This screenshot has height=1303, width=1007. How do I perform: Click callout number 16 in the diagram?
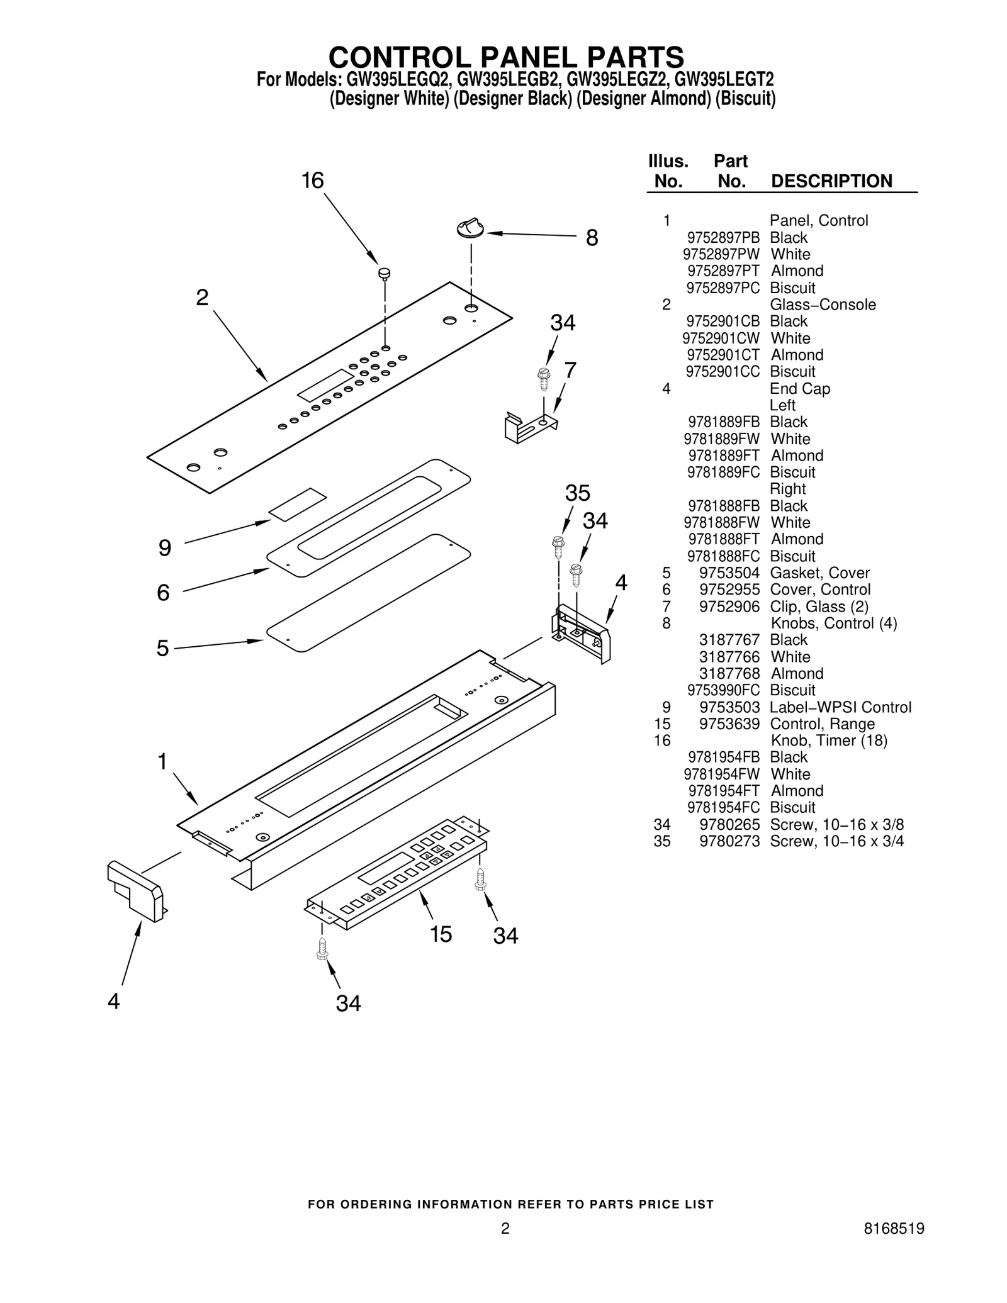(312, 181)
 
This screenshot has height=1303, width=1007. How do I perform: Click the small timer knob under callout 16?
(384, 274)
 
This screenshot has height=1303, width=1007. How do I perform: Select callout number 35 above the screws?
(577, 493)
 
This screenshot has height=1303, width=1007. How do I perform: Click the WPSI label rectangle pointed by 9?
(298, 504)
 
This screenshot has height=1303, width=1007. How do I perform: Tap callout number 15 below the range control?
(441, 934)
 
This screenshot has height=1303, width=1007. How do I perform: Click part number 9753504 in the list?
(729, 573)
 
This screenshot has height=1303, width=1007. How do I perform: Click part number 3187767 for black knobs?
(729, 640)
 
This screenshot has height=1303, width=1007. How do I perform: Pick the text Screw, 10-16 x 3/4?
(836, 841)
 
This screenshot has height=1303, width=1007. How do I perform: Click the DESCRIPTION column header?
(831, 181)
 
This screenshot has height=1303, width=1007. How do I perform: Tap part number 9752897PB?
(723, 238)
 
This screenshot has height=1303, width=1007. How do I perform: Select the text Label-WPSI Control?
(840, 707)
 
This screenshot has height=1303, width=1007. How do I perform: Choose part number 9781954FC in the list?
(723, 808)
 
